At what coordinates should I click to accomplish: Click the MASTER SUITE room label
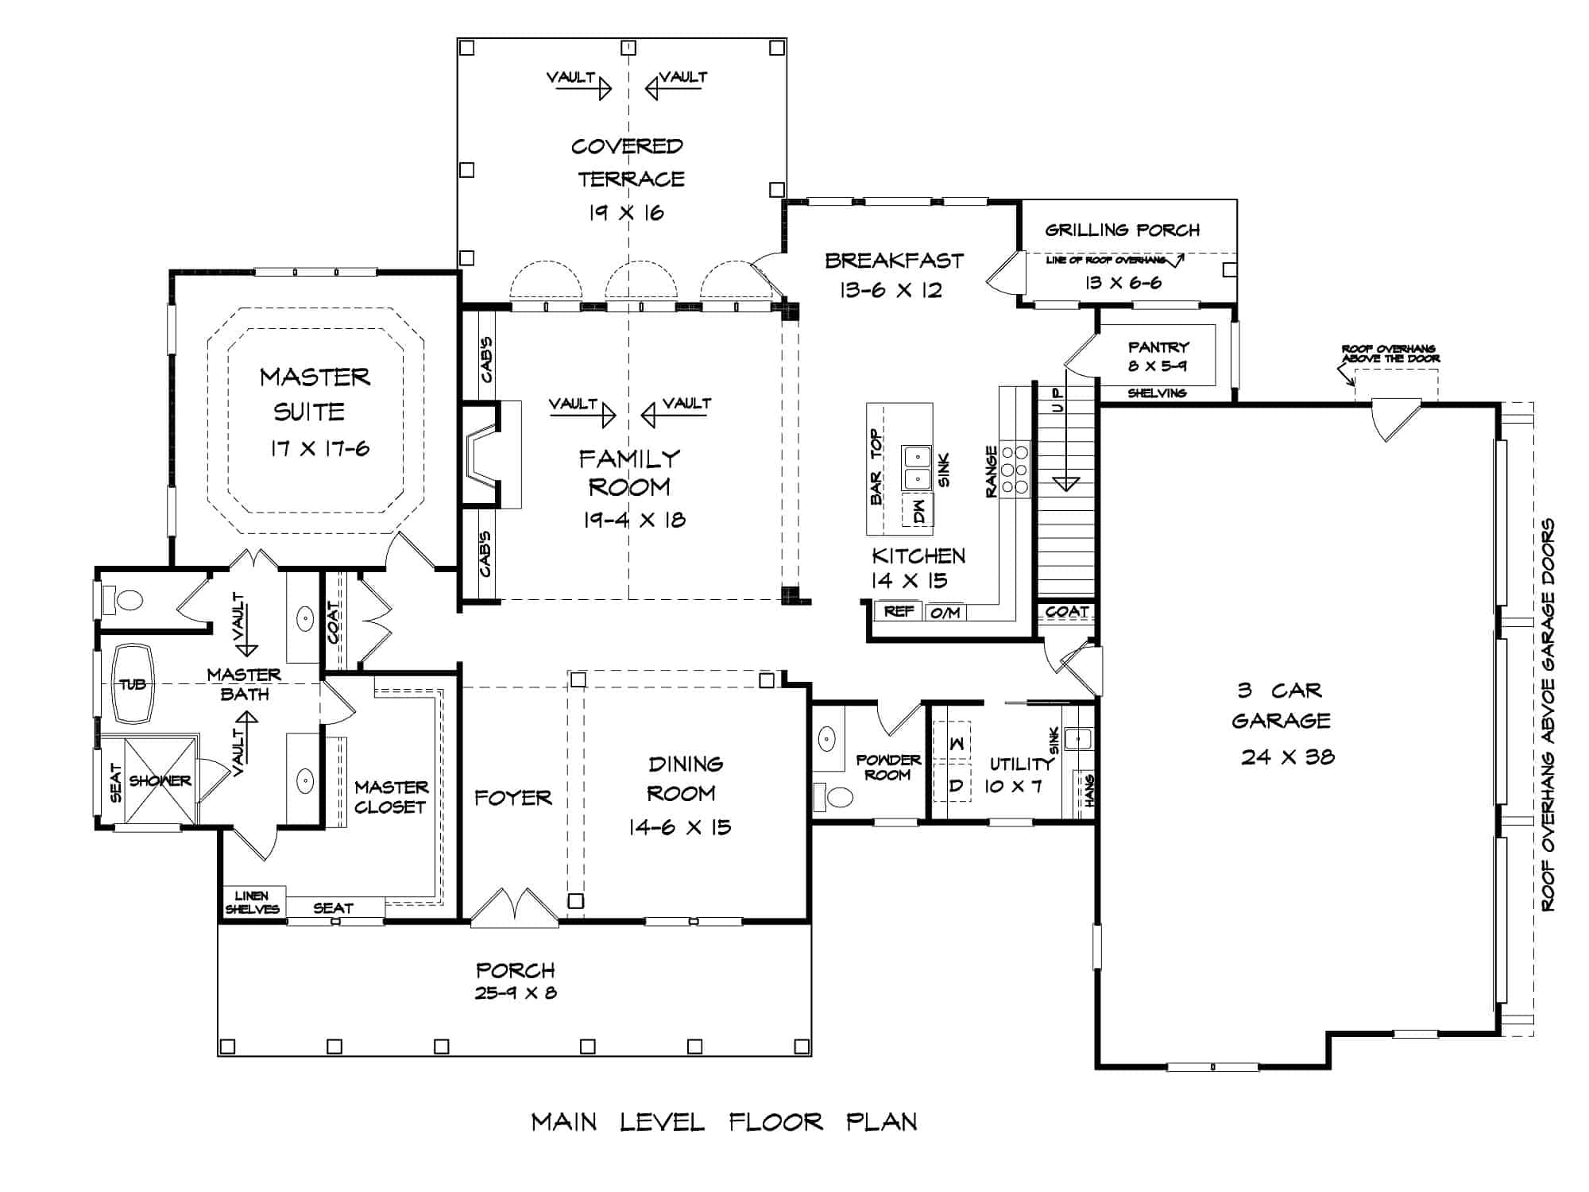[x=315, y=393]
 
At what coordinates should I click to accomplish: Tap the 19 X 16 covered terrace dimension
[x=626, y=213]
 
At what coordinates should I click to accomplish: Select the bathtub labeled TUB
[x=133, y=683]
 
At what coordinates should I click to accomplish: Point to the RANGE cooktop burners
[x=1015, y=469]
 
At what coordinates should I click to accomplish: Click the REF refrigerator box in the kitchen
[x=899, y=611]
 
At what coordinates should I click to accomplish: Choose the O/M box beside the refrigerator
[x=945, y=612]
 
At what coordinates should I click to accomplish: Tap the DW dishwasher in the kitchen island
[x=918, y=509]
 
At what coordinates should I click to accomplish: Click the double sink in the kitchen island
[x=916, y=468]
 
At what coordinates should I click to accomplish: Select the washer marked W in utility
[x=957, y=742]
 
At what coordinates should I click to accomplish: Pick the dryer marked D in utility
[x=957, y=785]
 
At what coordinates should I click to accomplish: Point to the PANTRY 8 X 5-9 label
[x=1158, y=356]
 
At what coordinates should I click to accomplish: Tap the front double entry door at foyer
[x=514, y=908]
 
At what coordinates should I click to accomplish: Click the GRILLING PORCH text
[x=1122, y=230]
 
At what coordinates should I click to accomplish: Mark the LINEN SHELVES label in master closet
[x=252, y=902]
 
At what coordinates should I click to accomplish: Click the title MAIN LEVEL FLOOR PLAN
[x=724, y=1122]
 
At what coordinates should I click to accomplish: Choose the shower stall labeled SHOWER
[x=160, y=780]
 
